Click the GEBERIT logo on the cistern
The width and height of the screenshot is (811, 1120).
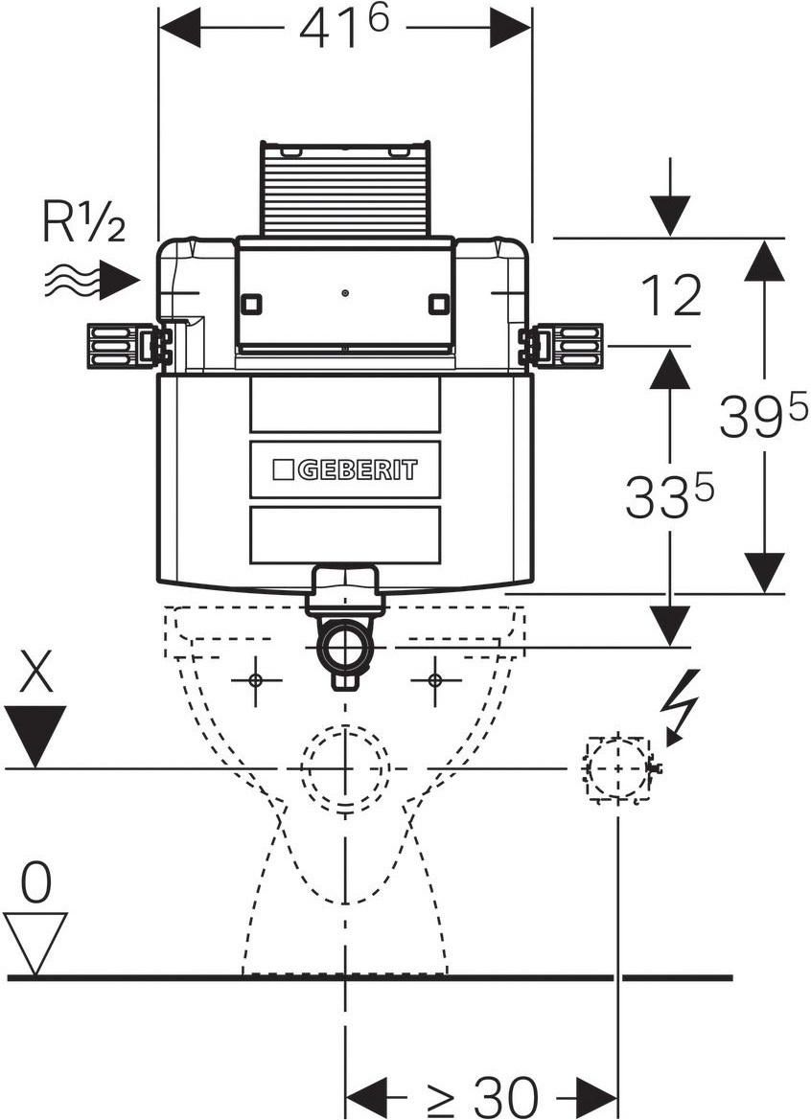[x=345, y=469]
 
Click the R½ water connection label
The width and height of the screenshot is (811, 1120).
[x=83, y=222]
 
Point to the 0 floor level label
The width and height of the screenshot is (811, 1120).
[x=35, y=883]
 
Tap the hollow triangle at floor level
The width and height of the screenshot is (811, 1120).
[x=35, y=942]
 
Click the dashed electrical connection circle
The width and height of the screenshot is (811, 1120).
[x=617, y=768]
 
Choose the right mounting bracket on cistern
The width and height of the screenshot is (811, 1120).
[x=563, y=346]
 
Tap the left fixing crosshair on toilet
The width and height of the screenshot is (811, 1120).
[x=255, y=680]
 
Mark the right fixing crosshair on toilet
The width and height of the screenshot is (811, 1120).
[x=435, y=680]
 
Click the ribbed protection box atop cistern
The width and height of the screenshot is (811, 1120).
[x=344, y=190]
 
